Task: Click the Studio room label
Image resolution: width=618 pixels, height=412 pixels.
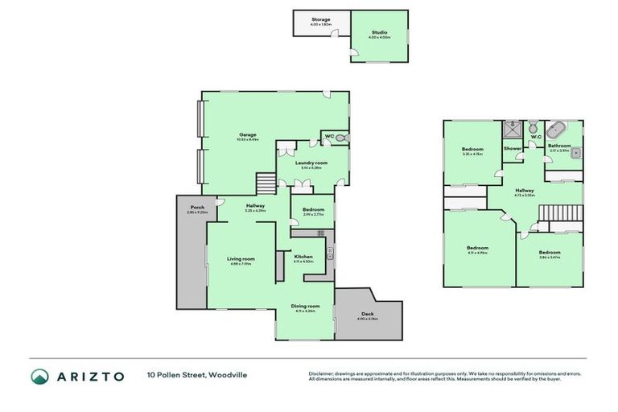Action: point(379,32)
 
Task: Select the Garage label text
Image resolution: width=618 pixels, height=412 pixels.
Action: point(247,135)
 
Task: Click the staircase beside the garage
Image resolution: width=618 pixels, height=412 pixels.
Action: point(266,183)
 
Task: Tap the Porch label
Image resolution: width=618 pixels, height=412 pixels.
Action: point(196,208)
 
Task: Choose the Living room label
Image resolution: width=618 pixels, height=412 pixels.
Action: point(241,258)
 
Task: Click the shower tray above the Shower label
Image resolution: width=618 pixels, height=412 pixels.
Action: point(512,129)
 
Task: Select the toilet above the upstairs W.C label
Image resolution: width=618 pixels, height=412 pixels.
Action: point(534,127)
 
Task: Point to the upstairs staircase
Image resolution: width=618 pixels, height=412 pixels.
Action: point(554,213)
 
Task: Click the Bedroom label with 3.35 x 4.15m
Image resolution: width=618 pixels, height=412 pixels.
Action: point(472,150)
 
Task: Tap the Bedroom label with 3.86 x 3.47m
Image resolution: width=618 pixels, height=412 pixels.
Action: point(550,252)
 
